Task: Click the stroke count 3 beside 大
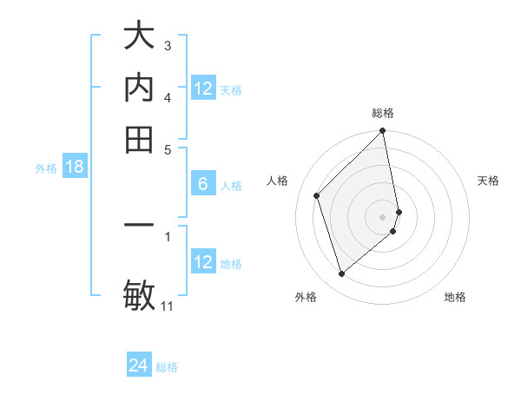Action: (x=168, y=45)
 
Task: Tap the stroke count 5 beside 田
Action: (x=168, y=148)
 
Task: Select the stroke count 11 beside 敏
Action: (x=168, y=306)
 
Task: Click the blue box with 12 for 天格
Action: (x=203, y=89)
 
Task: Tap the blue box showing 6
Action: (x=203, y=184)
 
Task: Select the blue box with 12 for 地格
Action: (x=203, y=262)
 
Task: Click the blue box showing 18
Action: (x=75, y=168)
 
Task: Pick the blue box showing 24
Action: (x=138, y=365)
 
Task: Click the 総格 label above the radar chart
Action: (x=383, y=113)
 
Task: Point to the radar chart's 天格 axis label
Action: (x=489, y=181)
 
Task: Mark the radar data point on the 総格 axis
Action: (x=383, y=132)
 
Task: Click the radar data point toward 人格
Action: (x=317, y=195)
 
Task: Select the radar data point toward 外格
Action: (x=341, y=274)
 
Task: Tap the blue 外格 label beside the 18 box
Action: (x=46, y=168)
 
